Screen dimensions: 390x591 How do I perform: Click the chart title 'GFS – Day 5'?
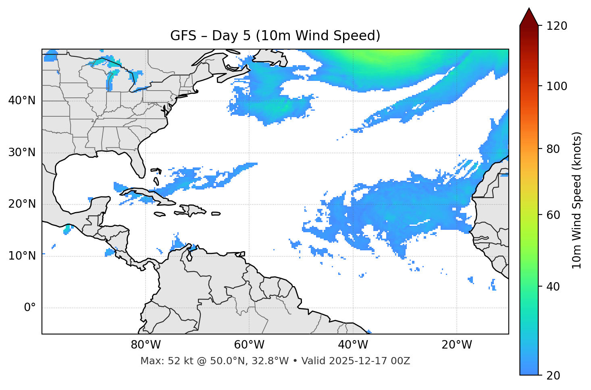pyautogui.click(x=275, y=36)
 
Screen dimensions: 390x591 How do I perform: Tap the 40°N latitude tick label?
pyautogui.click(x=22, y=101)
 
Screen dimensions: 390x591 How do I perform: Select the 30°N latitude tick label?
pyautogui.click(x=22, y=153)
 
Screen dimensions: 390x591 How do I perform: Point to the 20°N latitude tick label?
pyautogui.click(x=22, y=204)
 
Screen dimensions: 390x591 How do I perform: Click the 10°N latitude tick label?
pyautogui.click(x=22, y=256)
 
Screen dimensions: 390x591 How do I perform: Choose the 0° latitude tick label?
pyautogui.click(x=29, y=308)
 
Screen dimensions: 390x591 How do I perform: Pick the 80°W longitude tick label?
pyautogui.click(x=146, y=345)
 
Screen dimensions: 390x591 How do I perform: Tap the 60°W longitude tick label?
pyautogui.click(x=249, y=345)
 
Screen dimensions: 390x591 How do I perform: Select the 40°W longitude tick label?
pyautogui.click(x=353, y=345)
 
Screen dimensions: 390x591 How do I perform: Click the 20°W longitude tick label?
pyautogui.click(x=457, y=345)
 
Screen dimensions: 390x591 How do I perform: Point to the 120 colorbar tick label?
pyautogui.click(x=557, y=26)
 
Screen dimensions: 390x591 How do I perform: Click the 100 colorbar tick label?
pyautogui.click(x=557, y=86)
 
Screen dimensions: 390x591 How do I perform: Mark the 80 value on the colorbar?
pyautogui.click(x=554, y=149)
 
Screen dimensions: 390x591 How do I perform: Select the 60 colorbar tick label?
pyautogui.click(x=554, y=215)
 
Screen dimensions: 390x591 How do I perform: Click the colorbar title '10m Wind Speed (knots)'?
pyautogui.click(x=577, y=200)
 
